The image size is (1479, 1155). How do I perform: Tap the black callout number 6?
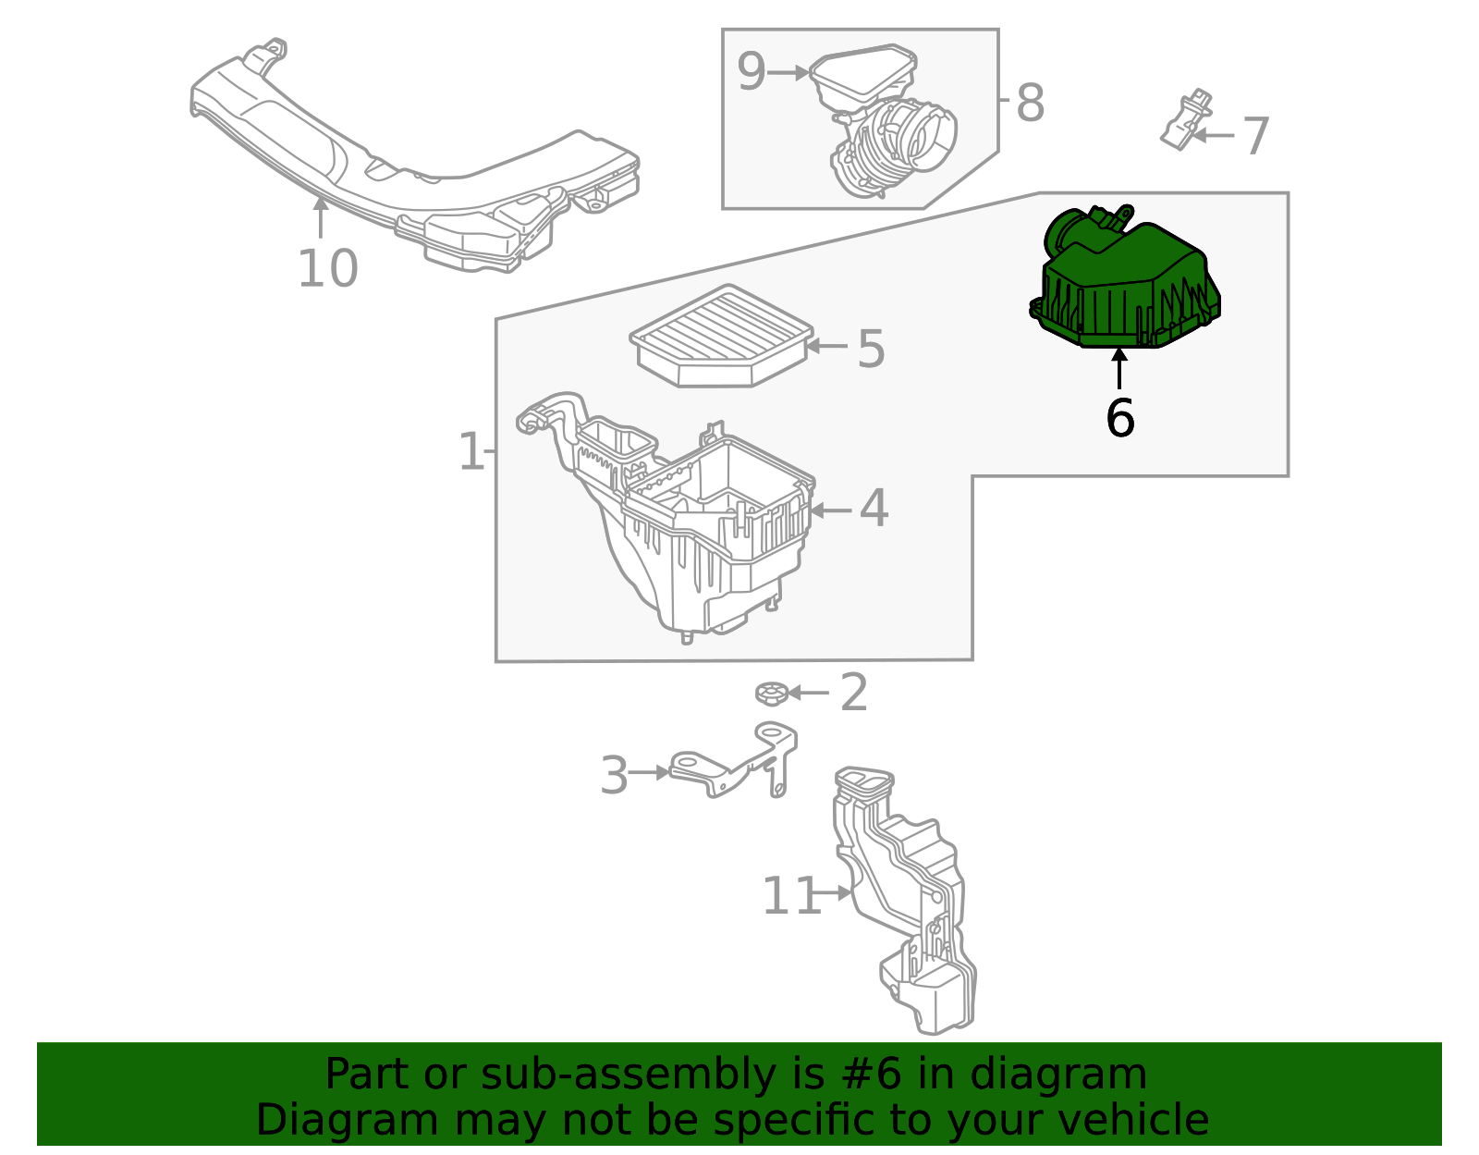1119,419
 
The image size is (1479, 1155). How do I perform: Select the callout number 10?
327,269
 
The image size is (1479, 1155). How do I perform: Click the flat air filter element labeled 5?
721,335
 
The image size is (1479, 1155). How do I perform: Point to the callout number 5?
870,349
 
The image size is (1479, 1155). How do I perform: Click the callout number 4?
873,509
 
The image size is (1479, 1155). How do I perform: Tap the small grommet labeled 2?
769,693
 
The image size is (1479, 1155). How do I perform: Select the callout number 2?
853,693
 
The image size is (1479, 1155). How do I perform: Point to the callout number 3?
614,775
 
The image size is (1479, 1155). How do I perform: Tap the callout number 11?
790,896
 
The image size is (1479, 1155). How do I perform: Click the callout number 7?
1255,137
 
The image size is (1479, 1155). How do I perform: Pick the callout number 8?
1030,103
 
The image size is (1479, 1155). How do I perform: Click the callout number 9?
752,72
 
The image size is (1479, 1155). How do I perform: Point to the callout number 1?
471,452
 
